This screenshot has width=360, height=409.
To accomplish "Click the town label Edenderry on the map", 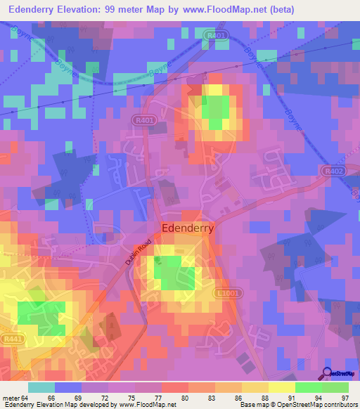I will pos(188,228).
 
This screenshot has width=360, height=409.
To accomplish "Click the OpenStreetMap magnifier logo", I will pos(326,374).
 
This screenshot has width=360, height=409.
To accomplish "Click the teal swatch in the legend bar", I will pos(41,387).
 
